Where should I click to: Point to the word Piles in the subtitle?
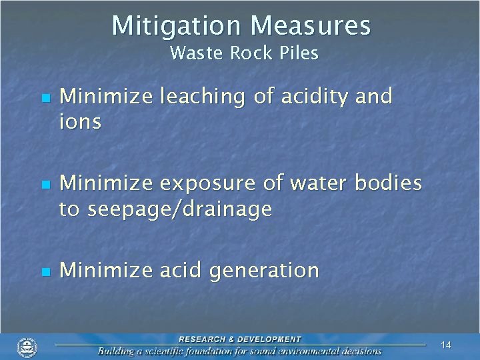tap(297, 53)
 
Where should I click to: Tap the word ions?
tap(80, 122)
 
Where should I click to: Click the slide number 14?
tap(446, 345)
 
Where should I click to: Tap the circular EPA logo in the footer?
tap(27, 347)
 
